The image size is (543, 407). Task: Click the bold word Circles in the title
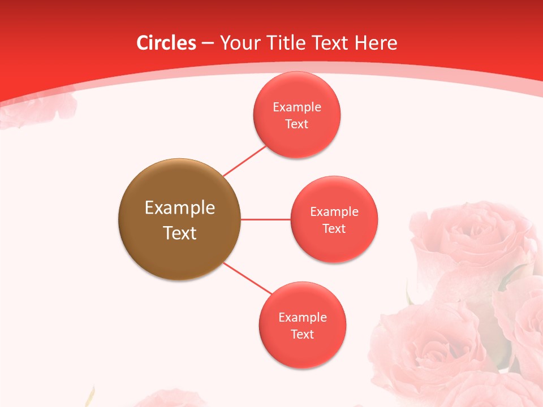coord(166,43)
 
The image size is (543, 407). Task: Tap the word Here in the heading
coord(376,43)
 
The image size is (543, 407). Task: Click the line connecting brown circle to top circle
coord(244,161)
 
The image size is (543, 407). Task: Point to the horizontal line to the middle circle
coord(265,219)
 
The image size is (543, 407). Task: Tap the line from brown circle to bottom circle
coord(247,278)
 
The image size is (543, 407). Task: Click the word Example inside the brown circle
coord(180,207)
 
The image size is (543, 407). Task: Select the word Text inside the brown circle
coord(180,233)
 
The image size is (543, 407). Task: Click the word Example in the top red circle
coord(297,107)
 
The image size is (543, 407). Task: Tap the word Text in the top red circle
coord(297,124)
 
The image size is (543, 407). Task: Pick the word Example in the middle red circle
coord(334,212)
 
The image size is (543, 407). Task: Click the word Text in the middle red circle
coord(334,229)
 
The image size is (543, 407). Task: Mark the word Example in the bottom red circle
coord(303,318)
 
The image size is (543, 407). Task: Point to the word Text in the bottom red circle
coord(303,335)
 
